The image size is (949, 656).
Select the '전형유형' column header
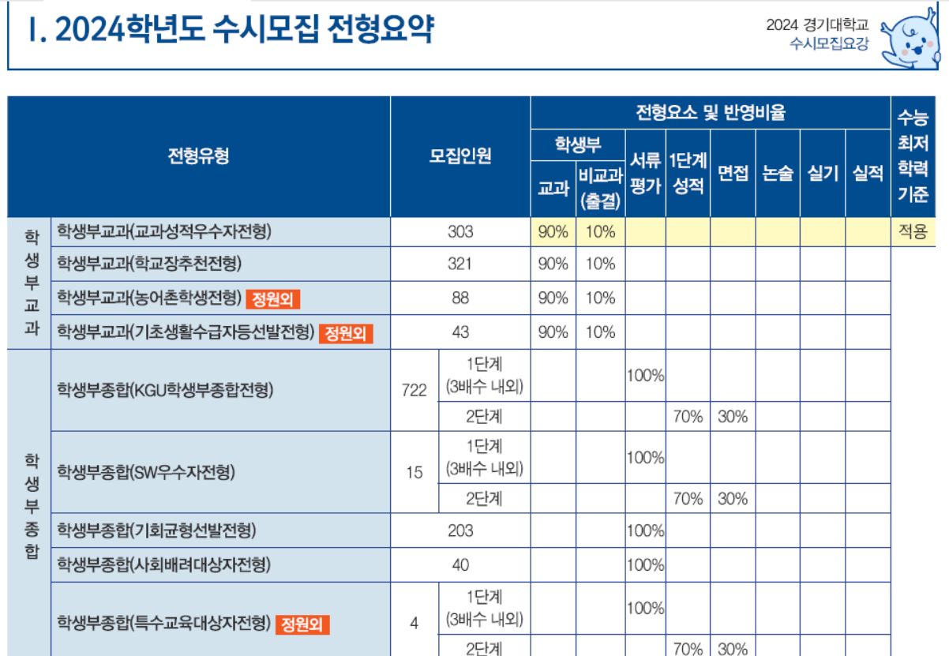point(198,156)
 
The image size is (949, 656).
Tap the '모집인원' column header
point(459,156)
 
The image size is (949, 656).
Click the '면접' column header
point(732,174)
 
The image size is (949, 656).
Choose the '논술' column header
point(777,174)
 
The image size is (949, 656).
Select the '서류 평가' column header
point(644,173)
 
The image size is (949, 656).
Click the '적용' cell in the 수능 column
point(913,232)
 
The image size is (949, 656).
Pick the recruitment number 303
point(459,232)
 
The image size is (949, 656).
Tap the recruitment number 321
point(459,264)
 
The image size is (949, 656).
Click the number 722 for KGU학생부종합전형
point(414,390)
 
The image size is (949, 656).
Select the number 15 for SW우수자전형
point(414,473)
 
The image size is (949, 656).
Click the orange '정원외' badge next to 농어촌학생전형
point(273,298)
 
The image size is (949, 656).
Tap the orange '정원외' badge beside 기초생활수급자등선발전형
point(346,333)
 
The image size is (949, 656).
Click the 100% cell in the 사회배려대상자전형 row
point(644,565)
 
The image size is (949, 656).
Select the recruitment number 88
point(459,298)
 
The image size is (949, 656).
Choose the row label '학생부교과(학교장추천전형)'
point(148,264)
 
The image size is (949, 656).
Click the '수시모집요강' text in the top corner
point(828,44)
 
